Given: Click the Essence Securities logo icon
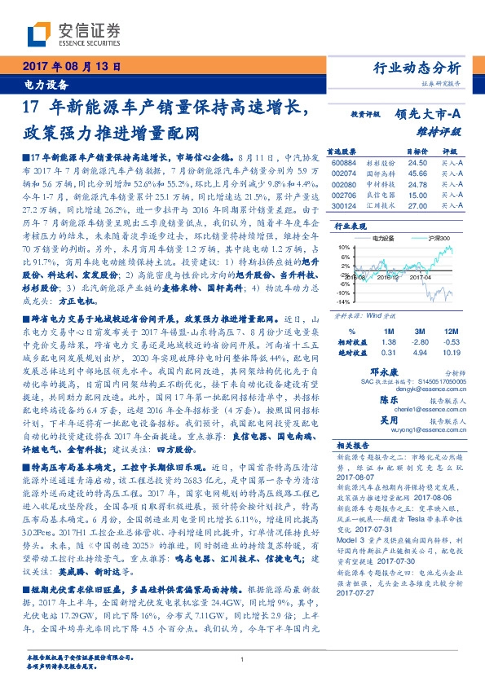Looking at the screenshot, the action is pos(41,32).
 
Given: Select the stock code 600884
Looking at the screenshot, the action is pos(344,163).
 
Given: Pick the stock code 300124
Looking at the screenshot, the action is pos(344,206).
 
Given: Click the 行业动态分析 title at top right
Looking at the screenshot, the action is pos(417,67).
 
